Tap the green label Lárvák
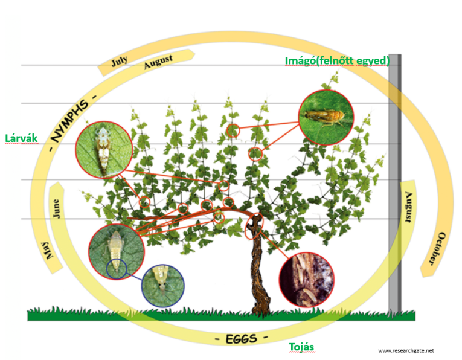pyautogui.click(x=21, y=138)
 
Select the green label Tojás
pyautogui.click(x=301, y=347)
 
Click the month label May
pyautogui.click(x=50, y=248)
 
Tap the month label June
pyautogui.click(x=56, y=208)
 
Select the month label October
pyautogui.click(x=434, y=248)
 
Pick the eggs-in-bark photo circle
pyautogui.click(x=307, y=280)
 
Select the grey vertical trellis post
pyautogui.click(x=394, y=181)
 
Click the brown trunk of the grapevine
pyautogui.click(x=261, y=272)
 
